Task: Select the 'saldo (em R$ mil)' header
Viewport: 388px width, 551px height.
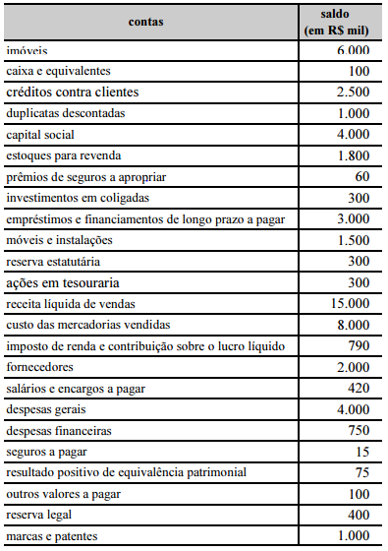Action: point(344,21)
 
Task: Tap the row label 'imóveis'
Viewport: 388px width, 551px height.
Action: point(28,50)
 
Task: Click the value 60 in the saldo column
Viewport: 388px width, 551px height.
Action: point(361,177)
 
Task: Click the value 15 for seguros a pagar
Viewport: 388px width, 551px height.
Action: point(361,453)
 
